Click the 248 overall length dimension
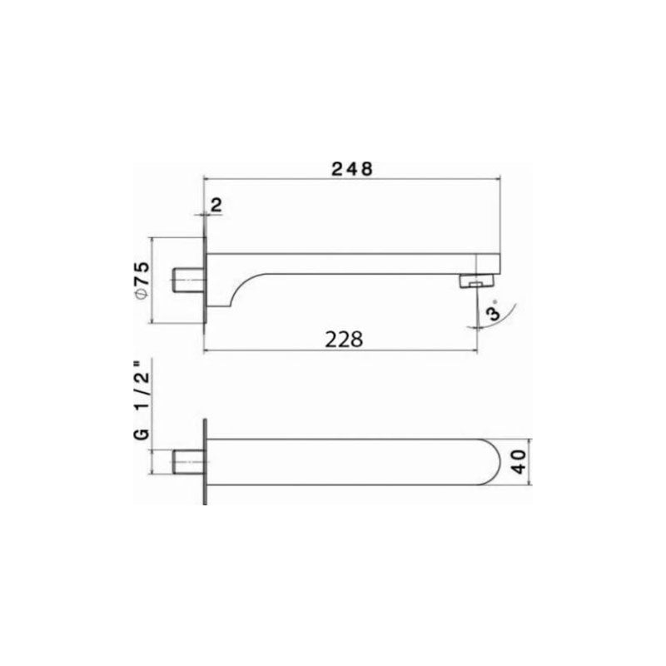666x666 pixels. [x=350, y=167]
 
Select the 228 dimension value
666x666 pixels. [x=344, y=339]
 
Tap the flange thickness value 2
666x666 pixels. [x=216, y=205]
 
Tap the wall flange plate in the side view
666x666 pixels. [x=204, y=283]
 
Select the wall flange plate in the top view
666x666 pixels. [x=204, y=460]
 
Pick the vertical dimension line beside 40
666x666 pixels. [x=530, y=460]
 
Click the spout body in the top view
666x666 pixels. [x=350, y=460]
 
